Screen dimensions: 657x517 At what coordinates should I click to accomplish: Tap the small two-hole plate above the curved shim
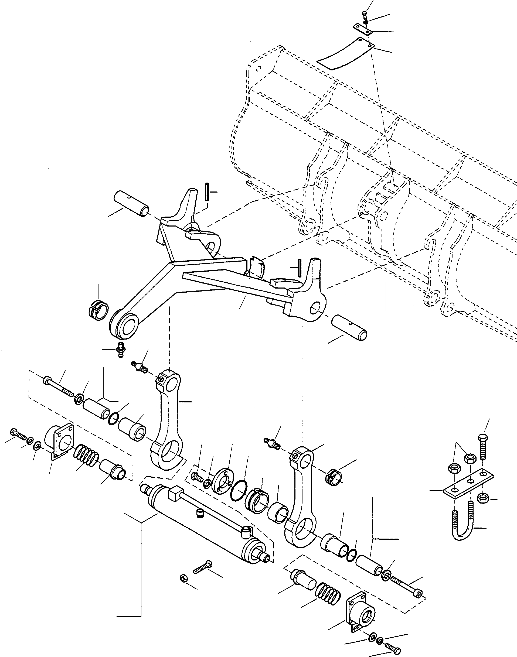[x=362, y=29]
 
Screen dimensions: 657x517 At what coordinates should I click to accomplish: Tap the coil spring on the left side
[x=85, y=456]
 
